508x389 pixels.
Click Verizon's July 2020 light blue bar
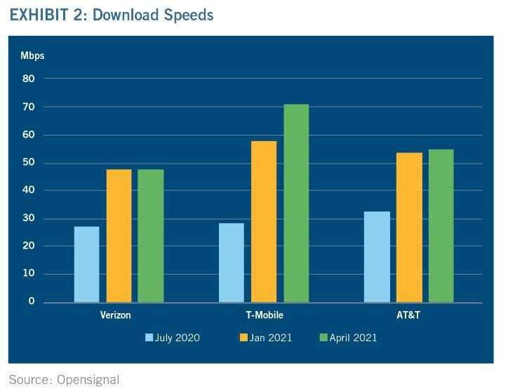[86, 264]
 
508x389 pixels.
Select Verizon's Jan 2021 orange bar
[119, 236]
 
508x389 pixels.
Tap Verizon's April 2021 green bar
[150, 236]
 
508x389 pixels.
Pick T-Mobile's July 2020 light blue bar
[232, 263]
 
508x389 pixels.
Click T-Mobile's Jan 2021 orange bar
[264, 222]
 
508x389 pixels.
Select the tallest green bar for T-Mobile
[295, 204]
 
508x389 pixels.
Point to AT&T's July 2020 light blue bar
[377, 257]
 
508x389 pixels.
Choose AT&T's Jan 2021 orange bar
[409, 228]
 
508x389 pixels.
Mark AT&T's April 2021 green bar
[441, 226]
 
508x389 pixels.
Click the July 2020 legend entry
[172, 338]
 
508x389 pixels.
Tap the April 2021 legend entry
[348, 338]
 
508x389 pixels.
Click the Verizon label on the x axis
[115, 315]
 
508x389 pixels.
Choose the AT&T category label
[408, 315]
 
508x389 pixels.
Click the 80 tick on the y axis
[28, 79]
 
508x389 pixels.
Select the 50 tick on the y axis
[28, 162]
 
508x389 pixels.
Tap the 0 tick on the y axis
[31, 301]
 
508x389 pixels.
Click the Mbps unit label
[32, 55]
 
